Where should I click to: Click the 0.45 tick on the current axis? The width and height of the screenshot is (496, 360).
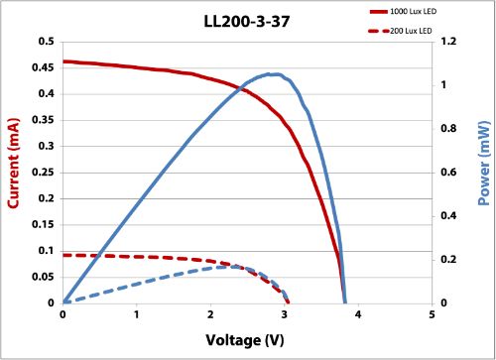43,68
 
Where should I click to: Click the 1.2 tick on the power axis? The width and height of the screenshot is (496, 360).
448,43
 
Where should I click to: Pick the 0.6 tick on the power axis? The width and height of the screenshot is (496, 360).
448,173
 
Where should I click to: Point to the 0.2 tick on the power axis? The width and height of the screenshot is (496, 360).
448,260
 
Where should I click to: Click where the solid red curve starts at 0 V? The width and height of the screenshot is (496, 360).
63,61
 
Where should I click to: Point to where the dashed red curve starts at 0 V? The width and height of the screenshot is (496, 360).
63,255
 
